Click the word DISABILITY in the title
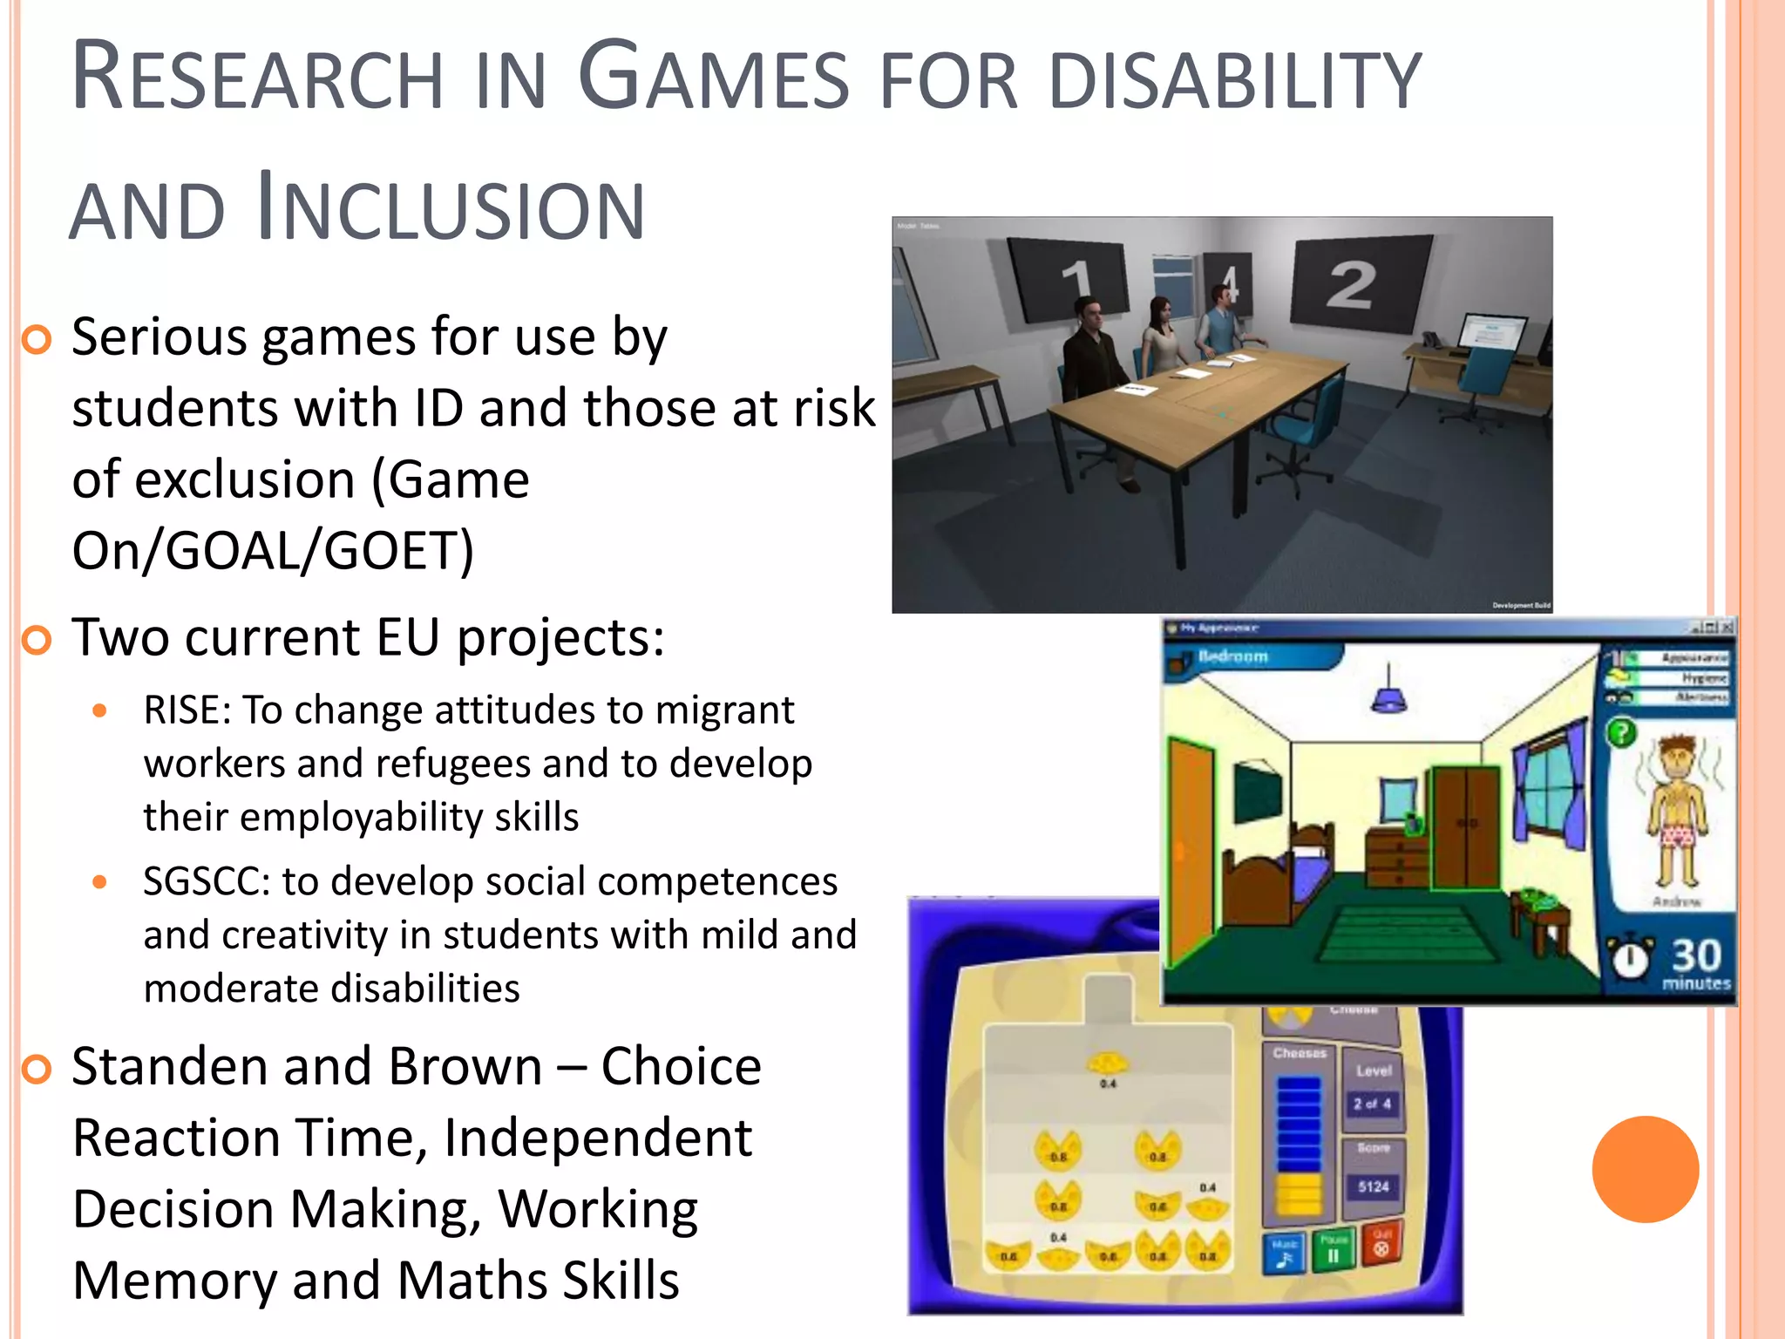click(1235, 80)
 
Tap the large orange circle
click(1645, 1169)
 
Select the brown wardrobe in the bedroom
click(1466, 826)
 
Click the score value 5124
click(1373, 1186)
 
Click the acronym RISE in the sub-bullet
click(186, 710)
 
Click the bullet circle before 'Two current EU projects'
click(37, 640)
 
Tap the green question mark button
click(1620, 731)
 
